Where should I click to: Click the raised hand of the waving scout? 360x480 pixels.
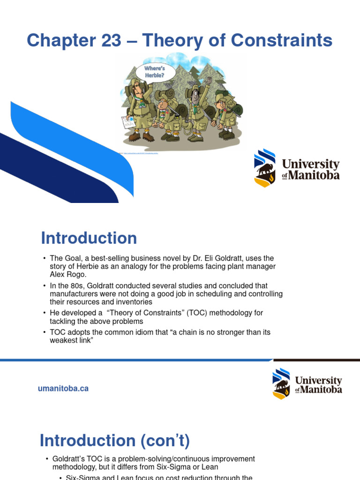tap(209, 81)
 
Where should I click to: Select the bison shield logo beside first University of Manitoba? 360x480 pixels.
tap(265, 168)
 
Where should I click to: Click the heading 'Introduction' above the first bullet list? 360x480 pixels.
tap(89, 238)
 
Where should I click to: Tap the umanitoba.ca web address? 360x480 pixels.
tap(63, 389)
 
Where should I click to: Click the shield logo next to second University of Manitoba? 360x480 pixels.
tap(281, 383)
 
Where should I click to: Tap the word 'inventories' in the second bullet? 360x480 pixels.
tap(126, 302)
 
